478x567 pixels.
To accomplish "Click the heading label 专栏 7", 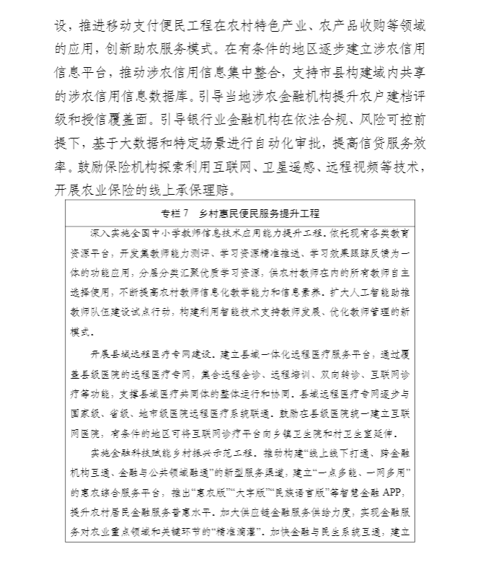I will point(176,214).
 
